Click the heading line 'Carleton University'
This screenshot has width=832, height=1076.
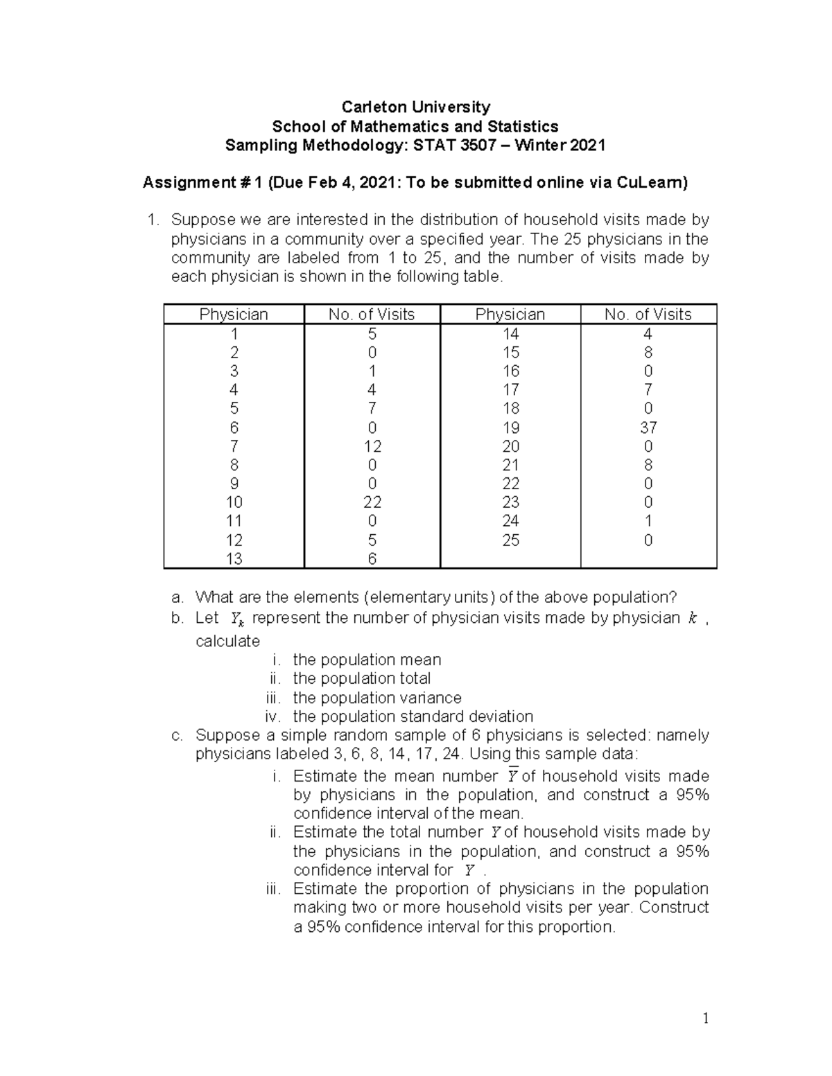pyautogui.click(x=415, y=107)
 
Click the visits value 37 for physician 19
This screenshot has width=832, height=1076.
pyautogui.click(x=648, y=427)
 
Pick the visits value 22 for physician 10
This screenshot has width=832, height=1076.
pyautogui.click(x=372, y=502)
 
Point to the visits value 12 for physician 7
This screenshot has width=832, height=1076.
pyautogui.click(x=372, y=446)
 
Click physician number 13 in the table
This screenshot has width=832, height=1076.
pyautogui.click(x=234, y=558)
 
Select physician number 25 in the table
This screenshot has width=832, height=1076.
pyautogui.click(x=510, y=540)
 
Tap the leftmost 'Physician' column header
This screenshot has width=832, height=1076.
pyautogui.click(x=234, y=315)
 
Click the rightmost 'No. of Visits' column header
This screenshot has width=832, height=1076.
pyautogui.click(x=648, y=315)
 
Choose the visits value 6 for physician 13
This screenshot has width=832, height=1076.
pyautogui.click(x=372, y=558)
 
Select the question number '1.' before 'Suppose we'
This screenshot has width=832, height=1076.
pyautogui.click(x=154, y=220)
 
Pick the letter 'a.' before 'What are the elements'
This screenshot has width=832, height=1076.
pyautogui.click(x=177, y=597)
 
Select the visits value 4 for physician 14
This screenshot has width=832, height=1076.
pyautogui.click(x=648, y=333)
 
